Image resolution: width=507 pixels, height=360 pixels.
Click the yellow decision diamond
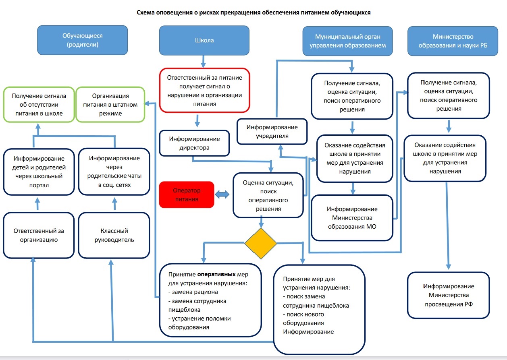(261, 244)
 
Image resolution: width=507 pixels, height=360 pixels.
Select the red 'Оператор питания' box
(187, 195)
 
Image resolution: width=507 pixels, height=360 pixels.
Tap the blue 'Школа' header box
(204, 40)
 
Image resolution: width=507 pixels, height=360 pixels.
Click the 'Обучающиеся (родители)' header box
(83, 40)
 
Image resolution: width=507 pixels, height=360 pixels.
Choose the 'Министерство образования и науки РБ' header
(453, 41)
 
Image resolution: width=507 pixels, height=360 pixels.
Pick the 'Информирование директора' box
(194, 143)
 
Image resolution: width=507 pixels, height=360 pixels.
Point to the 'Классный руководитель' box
(114, 235)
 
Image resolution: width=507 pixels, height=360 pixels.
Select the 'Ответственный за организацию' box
(39, 235)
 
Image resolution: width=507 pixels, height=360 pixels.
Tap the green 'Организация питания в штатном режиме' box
(109, 104)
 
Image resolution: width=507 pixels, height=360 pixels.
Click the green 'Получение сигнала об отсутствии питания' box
(39, 104)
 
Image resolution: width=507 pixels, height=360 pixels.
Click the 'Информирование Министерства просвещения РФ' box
(449, 295)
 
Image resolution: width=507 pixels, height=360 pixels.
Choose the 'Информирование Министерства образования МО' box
(352, 218)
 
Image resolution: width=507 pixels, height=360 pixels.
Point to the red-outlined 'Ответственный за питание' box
(205, 90)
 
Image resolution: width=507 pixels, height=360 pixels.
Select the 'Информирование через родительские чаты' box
(114, 172)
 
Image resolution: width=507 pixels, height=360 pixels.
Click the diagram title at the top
(253, 12)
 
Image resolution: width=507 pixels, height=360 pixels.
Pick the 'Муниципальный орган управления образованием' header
(347, 41)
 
